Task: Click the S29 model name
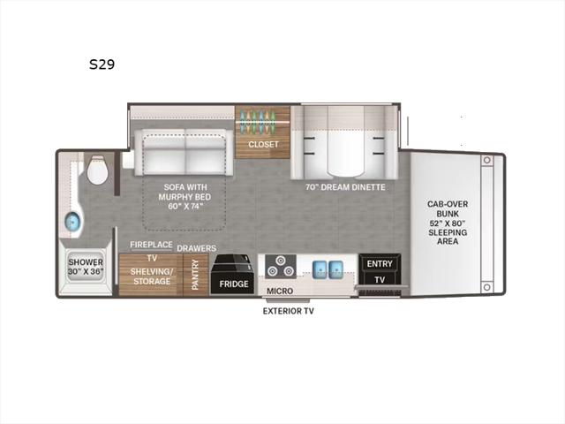click(102, 64)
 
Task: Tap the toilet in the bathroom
click(97, 170)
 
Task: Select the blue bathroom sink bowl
click(72, 221)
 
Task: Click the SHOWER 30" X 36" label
click(86, 267)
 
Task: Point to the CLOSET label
click(263, 144)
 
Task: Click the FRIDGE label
click(234, 284)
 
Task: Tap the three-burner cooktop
click(281, 267)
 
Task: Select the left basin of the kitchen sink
click(320, 269)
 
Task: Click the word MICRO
click(280, 291)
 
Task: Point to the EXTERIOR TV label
click(289, 311)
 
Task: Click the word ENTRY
click(380, 264)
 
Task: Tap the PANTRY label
click(195, 275)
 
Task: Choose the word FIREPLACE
click(151, 245)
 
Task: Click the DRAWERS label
click(196, 248)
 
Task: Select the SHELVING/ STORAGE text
click(151, 276)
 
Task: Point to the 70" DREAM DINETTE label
click(345, 187)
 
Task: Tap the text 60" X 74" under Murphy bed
click(185, 207)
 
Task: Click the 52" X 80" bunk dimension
click(448, 223)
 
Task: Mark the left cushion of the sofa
click(164, 151)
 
